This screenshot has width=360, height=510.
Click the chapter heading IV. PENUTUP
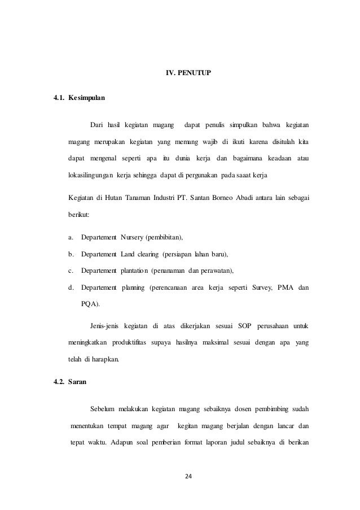tap(188, 73)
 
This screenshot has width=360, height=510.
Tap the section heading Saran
tap(77, 382)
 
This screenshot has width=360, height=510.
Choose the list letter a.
tap(70, 236)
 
